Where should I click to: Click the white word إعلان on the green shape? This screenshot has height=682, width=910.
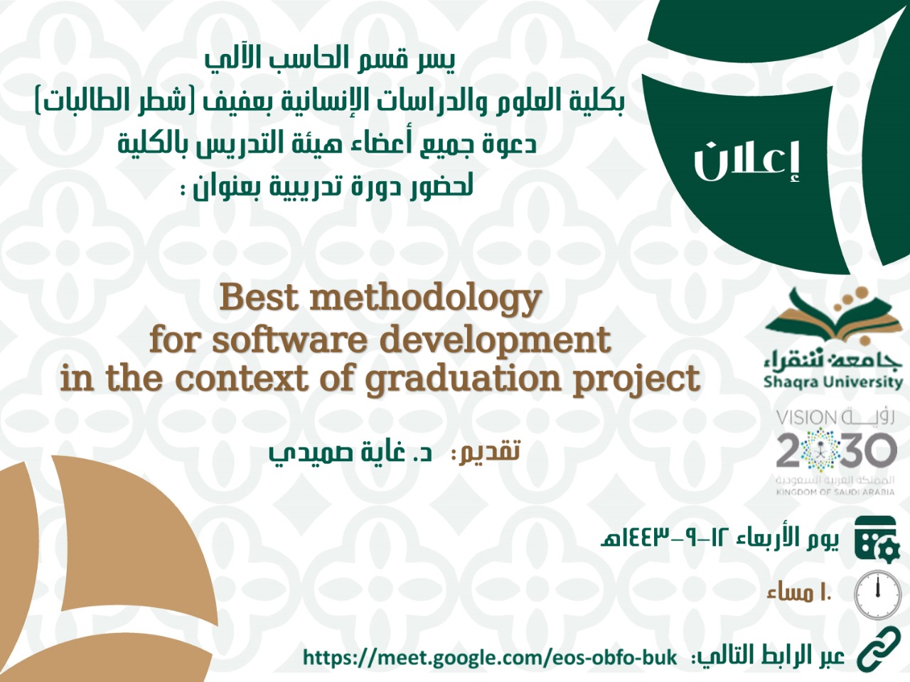pos(746,161)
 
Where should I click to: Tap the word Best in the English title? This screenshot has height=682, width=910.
pos(259,298)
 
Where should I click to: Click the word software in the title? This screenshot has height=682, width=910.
pos(290,340)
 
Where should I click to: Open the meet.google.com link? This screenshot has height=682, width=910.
pos(490,658)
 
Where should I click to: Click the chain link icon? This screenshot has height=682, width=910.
pos(879,655)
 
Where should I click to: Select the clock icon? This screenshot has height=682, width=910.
pos(878,594)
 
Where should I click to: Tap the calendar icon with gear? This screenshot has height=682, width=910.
pos(877,539)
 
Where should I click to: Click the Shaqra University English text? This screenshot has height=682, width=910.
pos(833,382)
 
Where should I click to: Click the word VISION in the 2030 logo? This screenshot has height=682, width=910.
pos(803,418)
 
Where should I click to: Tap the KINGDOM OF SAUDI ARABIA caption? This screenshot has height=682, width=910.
pos(835,492)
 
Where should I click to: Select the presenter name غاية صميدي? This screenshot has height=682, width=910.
pos(350,453)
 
